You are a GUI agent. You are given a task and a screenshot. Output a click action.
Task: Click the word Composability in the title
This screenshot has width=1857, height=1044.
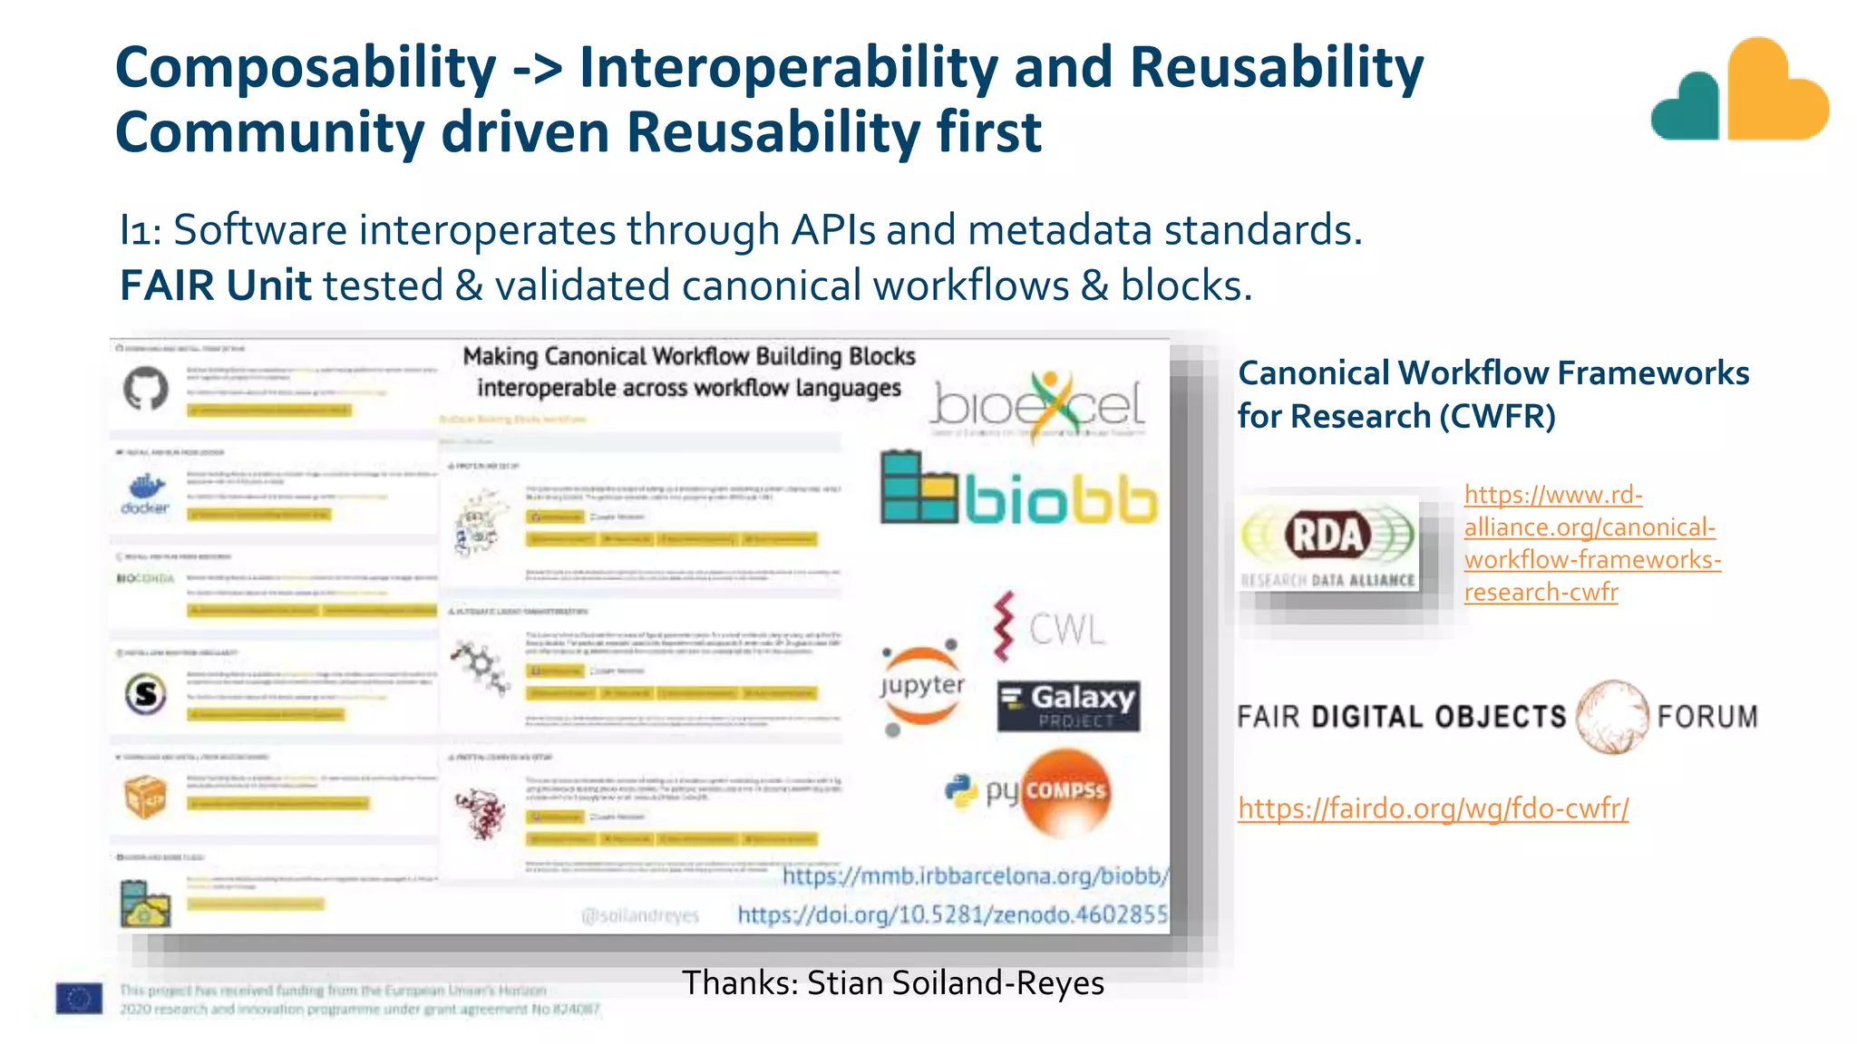(x=306, y=69)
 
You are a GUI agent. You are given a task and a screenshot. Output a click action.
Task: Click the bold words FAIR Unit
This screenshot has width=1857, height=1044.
(x=215, y=285)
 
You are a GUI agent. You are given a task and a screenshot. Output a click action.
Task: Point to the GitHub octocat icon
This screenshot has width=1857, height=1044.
(x=145, y=389)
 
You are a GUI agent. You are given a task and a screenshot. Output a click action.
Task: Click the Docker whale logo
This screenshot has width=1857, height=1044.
(x=145, y=493)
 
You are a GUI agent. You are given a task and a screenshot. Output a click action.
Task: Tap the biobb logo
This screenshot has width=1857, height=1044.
(x=1019, y=489)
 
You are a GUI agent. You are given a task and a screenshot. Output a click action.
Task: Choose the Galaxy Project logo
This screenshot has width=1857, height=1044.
(x=1068, y=705)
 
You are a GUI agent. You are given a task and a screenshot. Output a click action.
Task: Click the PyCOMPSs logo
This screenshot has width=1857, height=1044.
(x=1029, y=791)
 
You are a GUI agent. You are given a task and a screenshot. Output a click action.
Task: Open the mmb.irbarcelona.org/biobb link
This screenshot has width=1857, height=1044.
(x=975, y=876)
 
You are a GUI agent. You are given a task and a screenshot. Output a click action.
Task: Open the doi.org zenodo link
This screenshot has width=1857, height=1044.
(x=952, y=914)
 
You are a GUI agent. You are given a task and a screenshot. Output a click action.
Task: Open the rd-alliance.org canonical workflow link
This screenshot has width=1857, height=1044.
(x=1591, y=544)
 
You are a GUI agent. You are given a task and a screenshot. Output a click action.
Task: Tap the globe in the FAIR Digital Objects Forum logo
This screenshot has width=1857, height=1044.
(x=1612, y=717)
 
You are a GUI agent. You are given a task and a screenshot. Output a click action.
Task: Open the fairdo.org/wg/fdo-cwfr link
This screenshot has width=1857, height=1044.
(x=1433, y=807)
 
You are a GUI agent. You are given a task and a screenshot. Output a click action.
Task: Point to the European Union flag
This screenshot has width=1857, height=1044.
(x=79, y=998)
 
